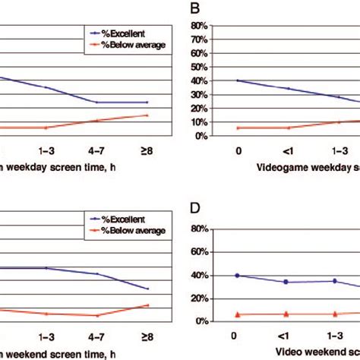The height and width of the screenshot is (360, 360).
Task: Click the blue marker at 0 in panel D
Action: [x=238, y=276]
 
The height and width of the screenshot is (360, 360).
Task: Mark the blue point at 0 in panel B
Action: [x=238, y=81]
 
